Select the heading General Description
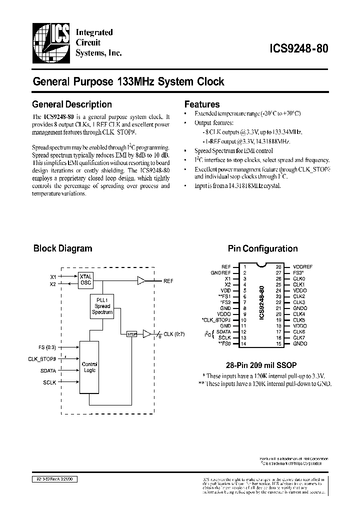pyautogui.click(x=72, y=104)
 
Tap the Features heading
pyautogui.click(x=202, y=104)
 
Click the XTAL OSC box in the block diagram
pyautogui.click(x=85, y=280)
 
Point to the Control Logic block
pyautogui.click(x=89, y=367)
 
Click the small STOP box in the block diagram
pyautogui.click(x=131, y=334)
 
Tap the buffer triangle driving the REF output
pyautogui.click(x=142, y=281)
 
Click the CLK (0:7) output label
pyautogui.click(x=174, y=334)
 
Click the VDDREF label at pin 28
pyautogui.click(x=303, y=266)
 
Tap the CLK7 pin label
pyautogui.click(x=299, y=337)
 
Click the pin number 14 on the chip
pyautogui.click(x=244, y=343)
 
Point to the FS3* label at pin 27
pyautogui.click(x=298, y=272)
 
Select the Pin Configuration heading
pyautogui.click(x=262, y=248)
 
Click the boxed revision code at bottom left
pyautogui.click(x=54, y=478)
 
